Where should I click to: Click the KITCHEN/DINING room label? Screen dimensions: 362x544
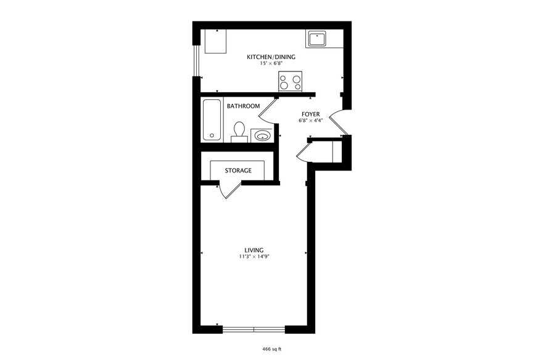[271, 57]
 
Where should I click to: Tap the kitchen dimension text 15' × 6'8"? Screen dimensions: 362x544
[271, 64]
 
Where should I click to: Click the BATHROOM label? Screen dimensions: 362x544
[243, 107]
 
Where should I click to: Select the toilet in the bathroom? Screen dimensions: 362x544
[239, 131]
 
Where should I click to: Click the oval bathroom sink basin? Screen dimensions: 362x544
[262, 135]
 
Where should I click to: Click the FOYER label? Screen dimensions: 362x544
[310, 115]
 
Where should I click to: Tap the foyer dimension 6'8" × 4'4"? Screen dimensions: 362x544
[310, 121]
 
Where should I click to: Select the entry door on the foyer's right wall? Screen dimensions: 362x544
[339, 122]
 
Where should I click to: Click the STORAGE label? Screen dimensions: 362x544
[237, 171]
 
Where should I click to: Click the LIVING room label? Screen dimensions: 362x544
[254, 250]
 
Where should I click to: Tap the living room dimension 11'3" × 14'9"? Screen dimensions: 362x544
[254, 256]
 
